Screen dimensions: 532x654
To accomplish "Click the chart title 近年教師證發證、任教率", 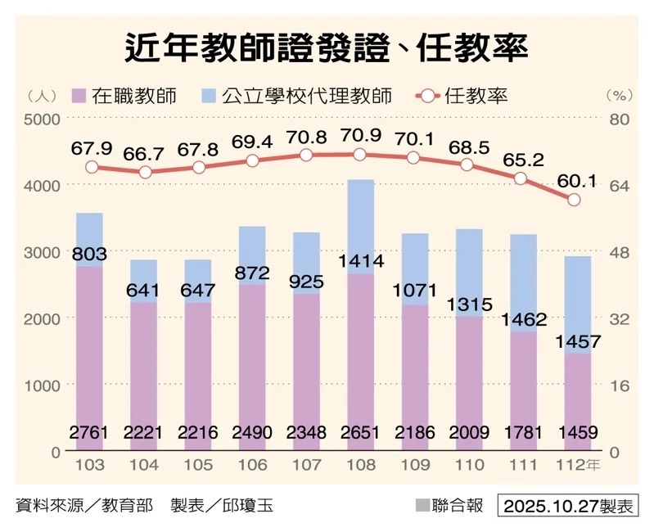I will click(326, 47).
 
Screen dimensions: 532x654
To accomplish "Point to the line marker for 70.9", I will click(359, 155).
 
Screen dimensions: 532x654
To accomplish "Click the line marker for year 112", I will click(574, 200).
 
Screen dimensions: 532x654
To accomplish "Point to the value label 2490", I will click(251, 432).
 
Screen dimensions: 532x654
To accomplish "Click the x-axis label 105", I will click(198, 465).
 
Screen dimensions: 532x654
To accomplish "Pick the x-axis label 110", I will click(467, 465).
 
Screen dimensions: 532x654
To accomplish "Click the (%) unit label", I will click(620, 96).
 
